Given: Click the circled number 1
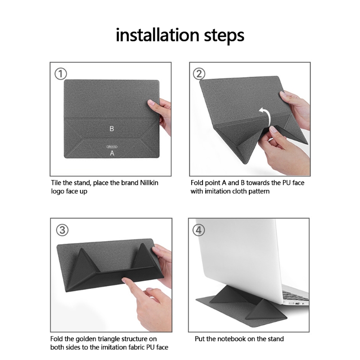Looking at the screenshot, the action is tap(61, 74).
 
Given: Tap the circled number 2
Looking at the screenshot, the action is tap(199, 74).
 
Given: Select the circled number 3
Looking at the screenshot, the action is tap(62, 230).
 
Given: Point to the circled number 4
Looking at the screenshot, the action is tap(198, 230).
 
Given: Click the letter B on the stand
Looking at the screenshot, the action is tap(112, 129).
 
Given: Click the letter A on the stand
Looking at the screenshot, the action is tap(112, 153).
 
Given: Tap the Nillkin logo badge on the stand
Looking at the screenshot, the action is tap(112, 147).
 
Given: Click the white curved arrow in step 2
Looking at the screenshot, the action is tap(266, 117).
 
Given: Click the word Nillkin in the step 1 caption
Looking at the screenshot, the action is tap(149, 183).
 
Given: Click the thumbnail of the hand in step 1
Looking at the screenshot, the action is tap(151, 103).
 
